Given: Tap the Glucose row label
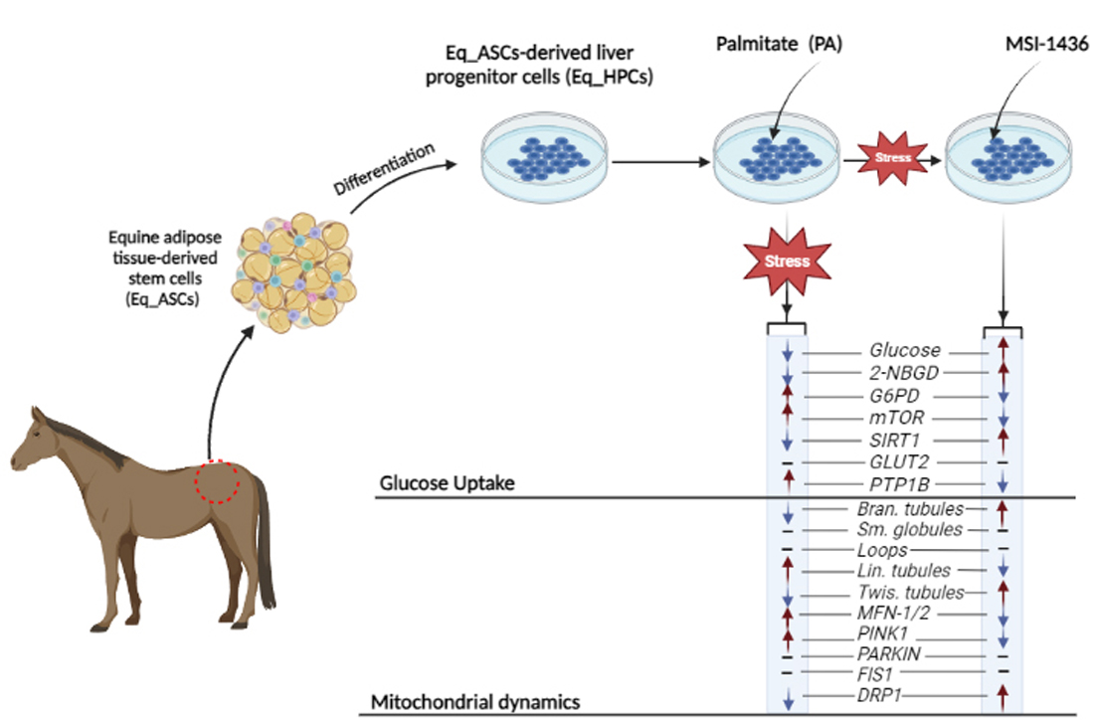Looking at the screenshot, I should [904, 351].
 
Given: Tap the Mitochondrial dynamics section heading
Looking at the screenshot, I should [475, 702].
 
